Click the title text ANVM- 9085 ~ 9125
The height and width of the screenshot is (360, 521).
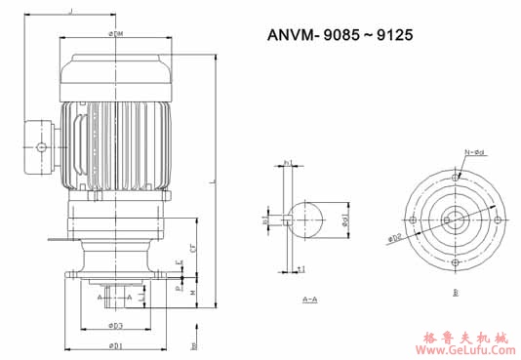[x=341, y=35]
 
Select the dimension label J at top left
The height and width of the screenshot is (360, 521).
[x=70, y=11]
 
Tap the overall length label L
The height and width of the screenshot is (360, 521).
[x=211, y=183]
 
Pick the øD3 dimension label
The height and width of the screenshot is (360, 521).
[x=116, y=325]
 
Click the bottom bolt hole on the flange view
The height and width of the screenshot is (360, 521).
[x=456, y=261]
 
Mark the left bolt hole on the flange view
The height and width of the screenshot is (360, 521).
[x=414, y=220]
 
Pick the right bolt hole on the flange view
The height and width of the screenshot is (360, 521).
[x=498, y=220]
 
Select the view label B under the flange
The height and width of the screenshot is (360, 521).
[x=456, y=292]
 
